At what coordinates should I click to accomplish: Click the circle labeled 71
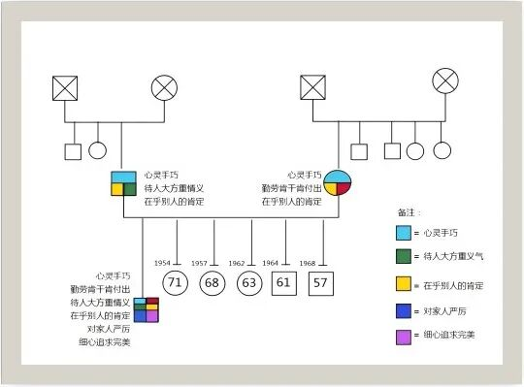click(x=175, y=283)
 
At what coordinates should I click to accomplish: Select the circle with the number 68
click(x=213, y=283)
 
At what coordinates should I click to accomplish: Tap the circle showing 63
click(x=249, y=283)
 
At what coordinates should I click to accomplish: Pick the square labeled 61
click(x=284, y=283)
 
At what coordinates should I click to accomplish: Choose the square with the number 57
click(x=321, y=283)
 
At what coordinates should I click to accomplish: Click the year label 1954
click(x=162, y=263)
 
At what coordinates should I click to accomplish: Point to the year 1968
click(x=308, y=263)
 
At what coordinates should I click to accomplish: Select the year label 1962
click(x=237, y=263)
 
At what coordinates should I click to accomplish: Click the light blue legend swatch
click(x=404, y=233)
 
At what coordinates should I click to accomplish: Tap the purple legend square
click(x=404, y=338)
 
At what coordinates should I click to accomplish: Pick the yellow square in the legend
click(x=404, y=283)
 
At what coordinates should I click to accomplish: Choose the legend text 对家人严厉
click(x=444, y=311)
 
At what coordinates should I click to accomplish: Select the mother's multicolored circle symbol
click(x=338, y=182)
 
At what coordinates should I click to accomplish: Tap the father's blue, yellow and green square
click(x=123, y=183)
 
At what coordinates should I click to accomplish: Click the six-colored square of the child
click(x=147, y=309)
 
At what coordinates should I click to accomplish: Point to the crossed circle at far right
click(x=445, y=81)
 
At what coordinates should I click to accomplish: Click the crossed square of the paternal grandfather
click(x=65, y=88)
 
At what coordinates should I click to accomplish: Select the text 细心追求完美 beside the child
click(x=104, y=342)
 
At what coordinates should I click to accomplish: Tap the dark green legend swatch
click(x=404, y=256)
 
